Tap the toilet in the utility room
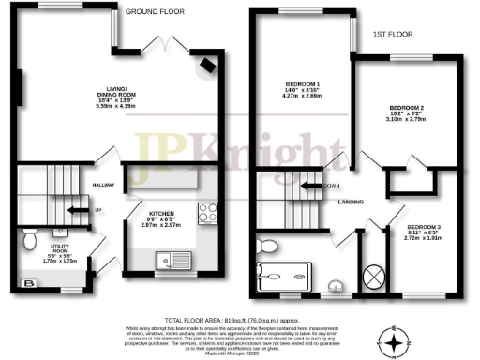[31, 235]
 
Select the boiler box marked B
[29, 282]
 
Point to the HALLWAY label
[103, 185]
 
